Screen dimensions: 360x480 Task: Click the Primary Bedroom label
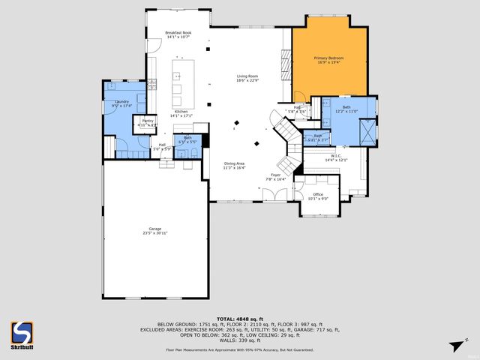329,60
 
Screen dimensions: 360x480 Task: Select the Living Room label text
248,78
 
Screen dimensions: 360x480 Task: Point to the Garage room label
155,230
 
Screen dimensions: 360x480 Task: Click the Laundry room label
122,103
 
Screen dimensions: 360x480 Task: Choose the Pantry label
148,123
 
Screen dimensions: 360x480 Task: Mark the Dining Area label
235,166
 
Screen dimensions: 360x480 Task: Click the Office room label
318,196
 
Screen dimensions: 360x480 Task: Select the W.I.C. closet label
335,158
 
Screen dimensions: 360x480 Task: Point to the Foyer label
276,177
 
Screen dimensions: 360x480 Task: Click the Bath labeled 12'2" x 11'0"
346,109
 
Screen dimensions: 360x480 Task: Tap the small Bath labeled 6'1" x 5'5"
187,139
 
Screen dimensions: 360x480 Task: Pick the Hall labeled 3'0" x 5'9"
163,147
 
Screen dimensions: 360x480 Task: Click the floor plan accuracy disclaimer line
239,349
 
